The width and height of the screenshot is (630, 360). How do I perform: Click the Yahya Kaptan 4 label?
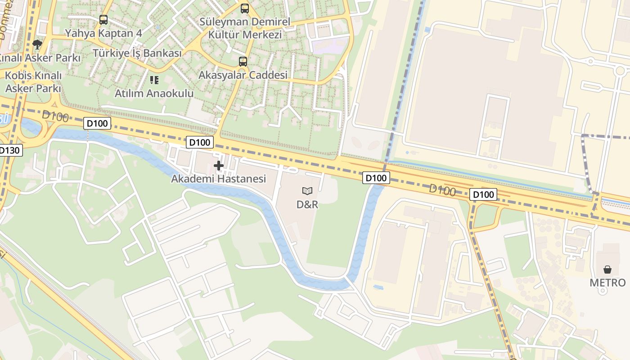[103, 33]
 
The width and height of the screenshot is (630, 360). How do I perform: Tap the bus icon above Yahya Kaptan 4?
[103, 20]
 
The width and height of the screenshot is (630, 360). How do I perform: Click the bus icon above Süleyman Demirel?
[244, 8]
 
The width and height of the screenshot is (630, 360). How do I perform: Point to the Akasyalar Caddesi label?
[243, 75]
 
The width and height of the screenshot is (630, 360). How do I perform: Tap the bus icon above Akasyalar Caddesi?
[243, 62]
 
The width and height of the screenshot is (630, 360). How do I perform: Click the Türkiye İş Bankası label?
[137, 53]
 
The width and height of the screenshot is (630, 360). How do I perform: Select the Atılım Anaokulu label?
[154, 94]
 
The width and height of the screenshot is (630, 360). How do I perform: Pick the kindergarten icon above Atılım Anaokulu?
[154, 80]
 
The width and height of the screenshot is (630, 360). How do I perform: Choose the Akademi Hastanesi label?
[218, 179]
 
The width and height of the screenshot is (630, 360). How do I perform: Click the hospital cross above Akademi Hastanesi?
[219, 166]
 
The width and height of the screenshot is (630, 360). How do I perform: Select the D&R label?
[307, 204]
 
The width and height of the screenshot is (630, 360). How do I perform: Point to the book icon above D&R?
[307, 191]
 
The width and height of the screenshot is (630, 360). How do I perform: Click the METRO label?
[607, 283]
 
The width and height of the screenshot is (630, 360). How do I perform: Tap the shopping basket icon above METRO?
[607, 270]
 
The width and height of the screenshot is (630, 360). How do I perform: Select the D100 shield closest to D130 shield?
[97, 123]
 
